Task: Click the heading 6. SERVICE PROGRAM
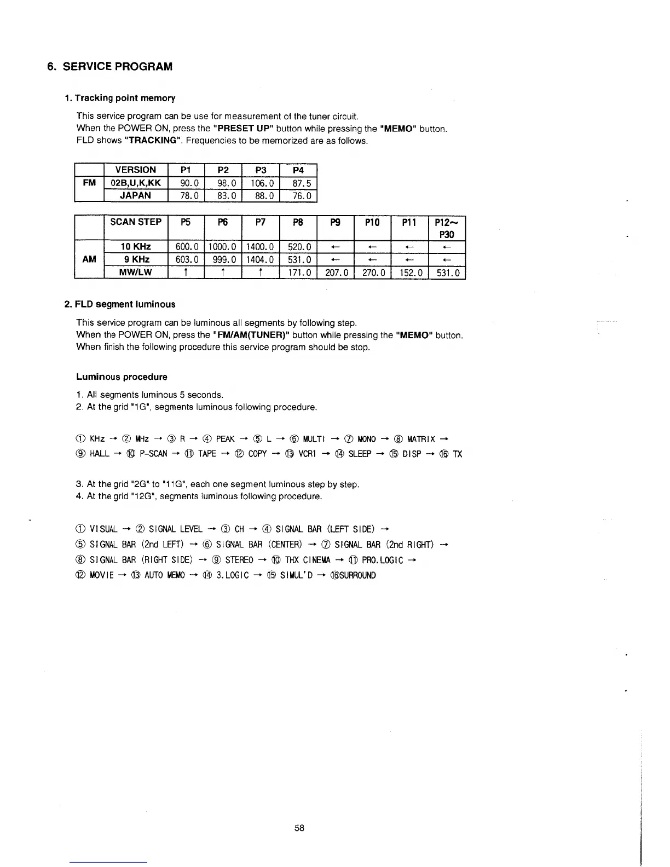click(x=109, y=67)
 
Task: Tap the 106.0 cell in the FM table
click(x=261, y=183)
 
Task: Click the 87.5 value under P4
click(x=298, y=183)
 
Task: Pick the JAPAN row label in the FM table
click(x=135, y=195)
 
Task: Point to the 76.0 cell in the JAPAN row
click(x=298, y=195)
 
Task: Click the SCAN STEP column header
click(x=136, y=222)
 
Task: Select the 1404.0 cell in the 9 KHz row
click(x=261, y=259)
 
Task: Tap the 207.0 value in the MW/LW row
click(x=336, y=272)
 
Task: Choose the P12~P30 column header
click(x=447, y=228)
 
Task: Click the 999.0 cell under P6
click(x=223, y=259)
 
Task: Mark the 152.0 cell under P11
click(x=410, y=272)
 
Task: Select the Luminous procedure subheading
click(x=122, y=377)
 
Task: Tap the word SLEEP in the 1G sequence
click(x=360, y=454)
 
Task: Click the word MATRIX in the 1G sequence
click(x=421, y=439)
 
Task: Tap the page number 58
click(x=299, y=828)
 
